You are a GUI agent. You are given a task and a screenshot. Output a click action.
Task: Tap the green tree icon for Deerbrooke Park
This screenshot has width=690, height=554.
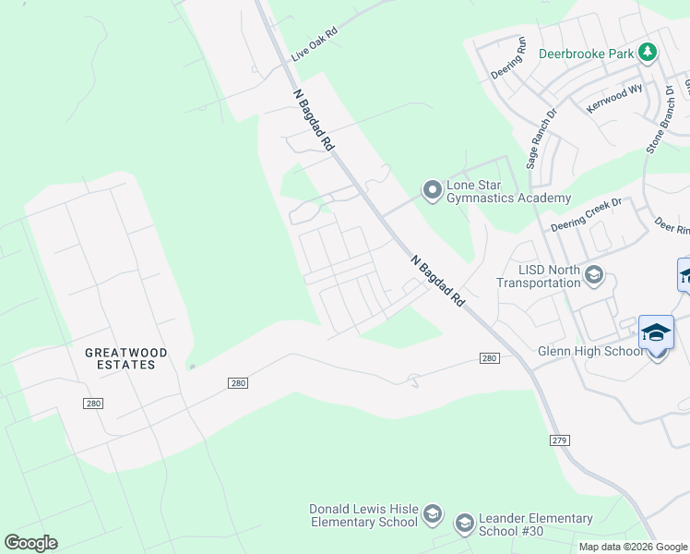tap(648, 53)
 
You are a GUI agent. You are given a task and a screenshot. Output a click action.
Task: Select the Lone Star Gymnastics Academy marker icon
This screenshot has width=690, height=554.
tap(432, 190)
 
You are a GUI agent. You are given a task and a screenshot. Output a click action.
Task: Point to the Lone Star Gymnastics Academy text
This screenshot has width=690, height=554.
tap(508, 191)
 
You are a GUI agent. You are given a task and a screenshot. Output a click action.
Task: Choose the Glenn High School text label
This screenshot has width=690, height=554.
tap(591, 351)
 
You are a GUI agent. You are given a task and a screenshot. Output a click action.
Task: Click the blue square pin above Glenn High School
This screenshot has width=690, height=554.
tap(656, 332)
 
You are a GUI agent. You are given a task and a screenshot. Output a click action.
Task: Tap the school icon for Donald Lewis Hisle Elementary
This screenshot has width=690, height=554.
tap(433, 514)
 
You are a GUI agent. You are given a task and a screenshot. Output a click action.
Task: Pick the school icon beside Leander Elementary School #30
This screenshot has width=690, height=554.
tap(464, 524)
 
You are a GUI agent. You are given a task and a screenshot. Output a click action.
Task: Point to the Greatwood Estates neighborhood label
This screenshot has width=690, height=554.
tap(120, 358)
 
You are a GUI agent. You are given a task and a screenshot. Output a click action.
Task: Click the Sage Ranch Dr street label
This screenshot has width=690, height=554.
tap(542, 139)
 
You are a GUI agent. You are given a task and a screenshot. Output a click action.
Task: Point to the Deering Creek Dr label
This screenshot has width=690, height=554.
tap(587, 213)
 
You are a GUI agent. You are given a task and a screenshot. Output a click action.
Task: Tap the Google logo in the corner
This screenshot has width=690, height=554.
tap(30, 543)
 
